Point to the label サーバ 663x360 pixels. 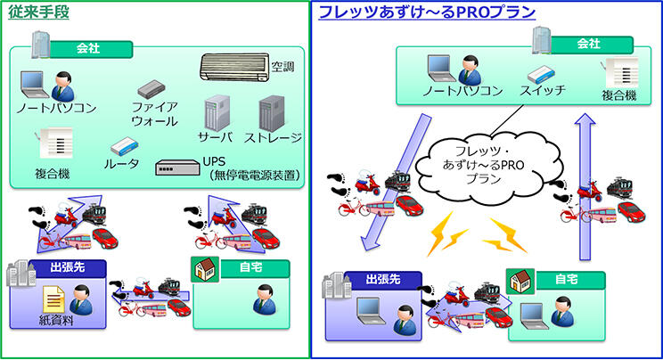(x=215, y=137)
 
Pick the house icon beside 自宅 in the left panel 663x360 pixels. (x=204, y=268)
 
